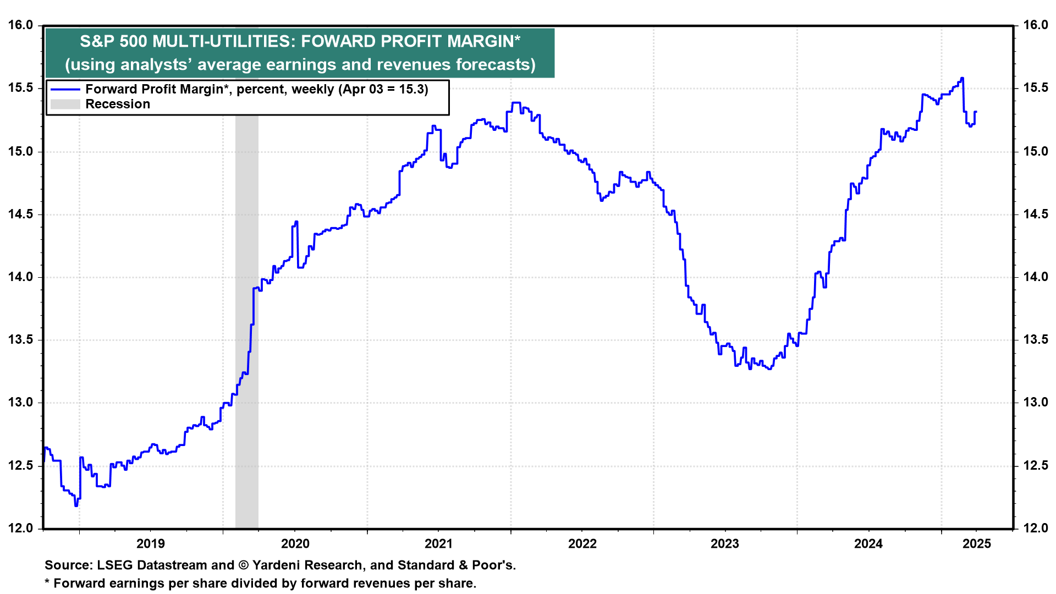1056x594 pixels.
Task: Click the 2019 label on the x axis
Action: click(x=151, y=544)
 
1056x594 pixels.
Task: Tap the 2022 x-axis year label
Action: click(x=582, y=544)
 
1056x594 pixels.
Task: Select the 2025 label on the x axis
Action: click(x=977, y=544)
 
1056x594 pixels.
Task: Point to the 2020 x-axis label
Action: click(x=295, y=544)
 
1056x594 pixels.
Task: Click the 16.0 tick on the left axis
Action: click(x=20, y=25)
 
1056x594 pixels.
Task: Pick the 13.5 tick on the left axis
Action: click(x=20, y=340)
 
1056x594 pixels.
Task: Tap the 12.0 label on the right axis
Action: click(x=1036, y=529)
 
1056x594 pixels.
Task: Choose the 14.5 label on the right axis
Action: click(x=1036, y=215)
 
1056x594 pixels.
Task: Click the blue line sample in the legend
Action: click(x=65, y=90)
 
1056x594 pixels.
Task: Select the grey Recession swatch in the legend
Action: click(x=65, y=105)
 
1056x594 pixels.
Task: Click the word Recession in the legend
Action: click(x=118, y=105)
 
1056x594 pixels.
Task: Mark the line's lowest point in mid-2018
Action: click(x=76, y=505)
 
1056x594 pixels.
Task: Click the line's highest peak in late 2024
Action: click(x=962, y=78)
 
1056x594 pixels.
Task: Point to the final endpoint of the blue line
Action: click(x=976, y=112)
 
